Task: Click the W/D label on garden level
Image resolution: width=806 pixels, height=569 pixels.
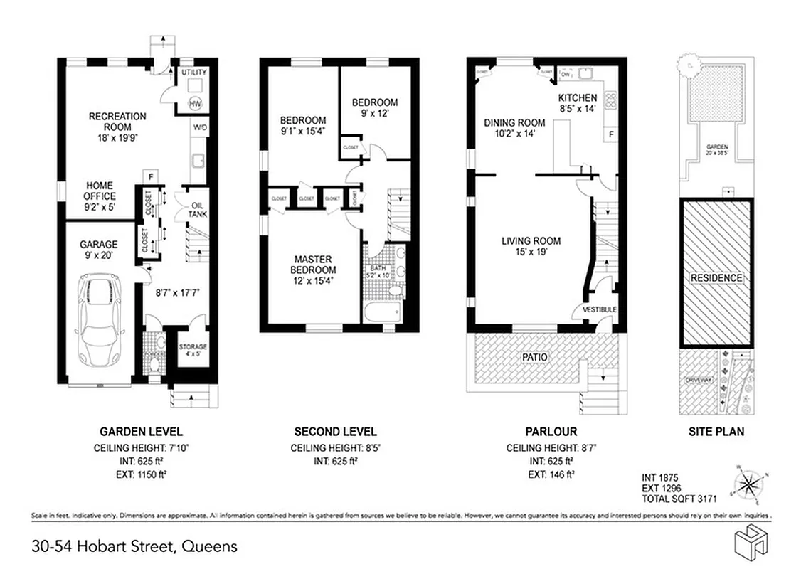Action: pyautogui.click(x=198, y=128)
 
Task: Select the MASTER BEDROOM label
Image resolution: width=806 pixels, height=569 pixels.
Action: pyautogui.click(x=312, y=265)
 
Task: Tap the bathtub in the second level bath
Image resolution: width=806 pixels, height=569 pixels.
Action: pyautogui.click(x=381, y=313)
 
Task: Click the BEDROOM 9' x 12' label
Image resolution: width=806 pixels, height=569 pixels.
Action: pyautogui.click(x=375, y=107)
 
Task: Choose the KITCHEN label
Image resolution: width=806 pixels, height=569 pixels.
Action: pyautogui.click(x=577, y=102)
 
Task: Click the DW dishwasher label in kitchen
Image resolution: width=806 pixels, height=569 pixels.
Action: pyautogui.click(x=566, y=74)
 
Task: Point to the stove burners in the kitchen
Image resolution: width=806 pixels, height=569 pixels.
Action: pyautogui.click(x=610, y=99)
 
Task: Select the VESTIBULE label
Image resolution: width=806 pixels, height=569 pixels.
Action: pyautogui.click(x=599, y=309)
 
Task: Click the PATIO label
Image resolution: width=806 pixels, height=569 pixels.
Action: pyautogui.click(x=534, y=357)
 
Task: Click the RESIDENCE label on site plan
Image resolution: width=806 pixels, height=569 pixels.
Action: pyautogui.click(x=716, y=278)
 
